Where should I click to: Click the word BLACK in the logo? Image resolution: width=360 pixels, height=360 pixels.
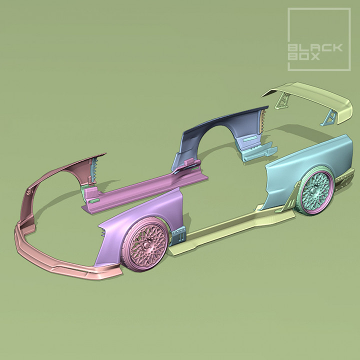[x=315, y=48]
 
